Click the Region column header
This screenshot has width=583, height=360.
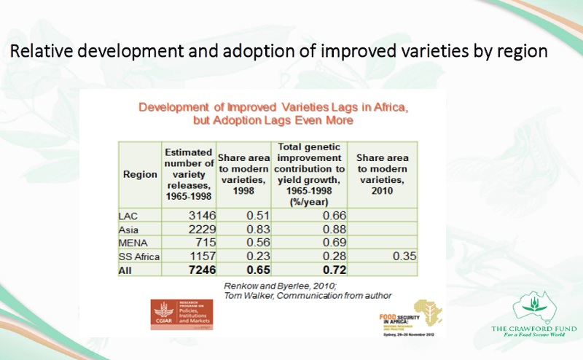[140, 174]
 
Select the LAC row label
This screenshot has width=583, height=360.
[128, 216]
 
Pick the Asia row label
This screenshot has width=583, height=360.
[130, 230]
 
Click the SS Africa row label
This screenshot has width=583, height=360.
[139, 257]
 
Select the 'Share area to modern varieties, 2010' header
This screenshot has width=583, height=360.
[383, 174]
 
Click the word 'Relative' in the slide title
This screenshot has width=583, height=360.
[39, 52]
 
